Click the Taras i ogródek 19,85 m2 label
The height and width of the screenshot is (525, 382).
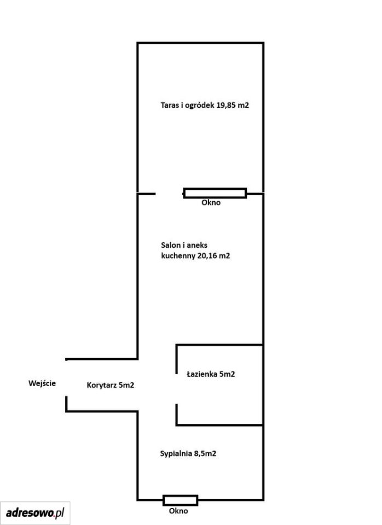point(205,105)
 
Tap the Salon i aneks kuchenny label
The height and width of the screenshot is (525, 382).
point(195,250)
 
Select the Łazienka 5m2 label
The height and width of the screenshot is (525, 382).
point(211,374)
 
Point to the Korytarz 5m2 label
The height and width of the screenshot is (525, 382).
point(110,386)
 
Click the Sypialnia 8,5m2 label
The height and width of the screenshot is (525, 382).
point(188,454)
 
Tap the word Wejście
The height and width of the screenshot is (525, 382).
point(42,383)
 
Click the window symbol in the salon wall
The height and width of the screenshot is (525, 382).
point(215,193)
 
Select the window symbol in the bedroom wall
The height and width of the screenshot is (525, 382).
point(180,500)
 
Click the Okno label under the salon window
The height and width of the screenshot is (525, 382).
point(211,202)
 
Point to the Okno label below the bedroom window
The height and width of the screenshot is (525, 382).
point(178,511)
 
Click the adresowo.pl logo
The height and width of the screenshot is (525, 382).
point(35,512)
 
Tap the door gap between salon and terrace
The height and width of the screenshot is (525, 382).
point(169,194)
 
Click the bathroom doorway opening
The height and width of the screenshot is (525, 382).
point(177,389)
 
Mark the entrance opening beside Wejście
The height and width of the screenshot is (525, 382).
point(66,378)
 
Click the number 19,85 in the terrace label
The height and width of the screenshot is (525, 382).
point(226,105)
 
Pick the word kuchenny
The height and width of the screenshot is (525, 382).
point(178,256)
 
